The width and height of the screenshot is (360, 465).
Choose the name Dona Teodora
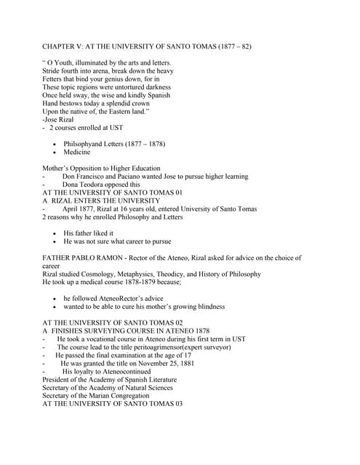87,185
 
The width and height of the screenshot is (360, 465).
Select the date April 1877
84,209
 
